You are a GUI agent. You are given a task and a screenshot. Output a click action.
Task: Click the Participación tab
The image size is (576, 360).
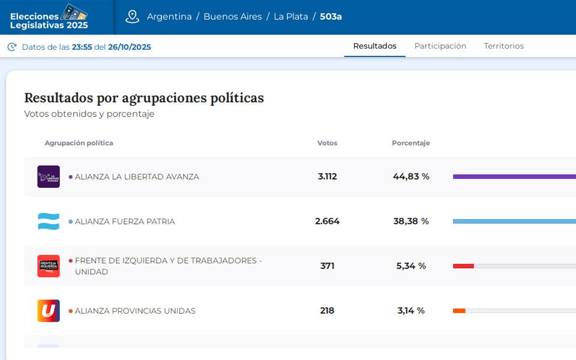click(x=440, y=46)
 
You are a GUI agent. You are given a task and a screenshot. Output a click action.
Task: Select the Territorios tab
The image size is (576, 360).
click(x=503, y=46)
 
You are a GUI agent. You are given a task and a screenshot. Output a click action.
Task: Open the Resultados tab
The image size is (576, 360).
click(x=374, y=46)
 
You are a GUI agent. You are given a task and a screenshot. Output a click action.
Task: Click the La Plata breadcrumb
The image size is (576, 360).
click(x=290, y=17)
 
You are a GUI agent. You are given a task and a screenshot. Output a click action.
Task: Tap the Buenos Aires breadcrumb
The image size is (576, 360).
click(x=232, y=17)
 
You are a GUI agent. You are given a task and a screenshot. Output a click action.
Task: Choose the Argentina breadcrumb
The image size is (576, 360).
click(x=169, y=17)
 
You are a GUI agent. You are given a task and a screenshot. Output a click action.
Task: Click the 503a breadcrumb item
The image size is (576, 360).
click(x=331, y=17)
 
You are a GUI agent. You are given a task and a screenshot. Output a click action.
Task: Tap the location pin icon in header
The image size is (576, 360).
click(x=132, y=17)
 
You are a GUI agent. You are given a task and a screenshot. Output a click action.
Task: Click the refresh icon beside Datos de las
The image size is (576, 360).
click(x=12, y=47)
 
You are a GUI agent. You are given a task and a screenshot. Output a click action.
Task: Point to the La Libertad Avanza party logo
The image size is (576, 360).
click(x=49, y=176)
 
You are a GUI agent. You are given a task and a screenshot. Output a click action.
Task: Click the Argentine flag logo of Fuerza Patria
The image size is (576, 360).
click(x=49, y=221)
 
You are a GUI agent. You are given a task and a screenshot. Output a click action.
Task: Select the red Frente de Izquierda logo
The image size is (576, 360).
click(x=49, y=266)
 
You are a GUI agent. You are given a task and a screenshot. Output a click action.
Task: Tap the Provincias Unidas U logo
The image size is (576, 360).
click(x=49, y=311)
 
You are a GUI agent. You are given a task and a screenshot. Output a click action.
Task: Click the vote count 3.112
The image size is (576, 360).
click(x=327, y=176)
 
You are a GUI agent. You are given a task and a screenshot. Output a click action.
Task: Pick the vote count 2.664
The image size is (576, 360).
click(x=327, y=221)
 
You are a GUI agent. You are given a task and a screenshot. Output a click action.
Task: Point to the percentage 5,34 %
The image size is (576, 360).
click(x=411, y=266)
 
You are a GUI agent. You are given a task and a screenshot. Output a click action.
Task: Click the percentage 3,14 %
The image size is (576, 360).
click(x=411, y=311)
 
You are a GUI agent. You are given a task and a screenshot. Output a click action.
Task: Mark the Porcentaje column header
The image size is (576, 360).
click(x=410, y=143)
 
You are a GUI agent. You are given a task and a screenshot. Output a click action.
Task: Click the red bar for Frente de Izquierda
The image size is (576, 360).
click(x=463, y=266)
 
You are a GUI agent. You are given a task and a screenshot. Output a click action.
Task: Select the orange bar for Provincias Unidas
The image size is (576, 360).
click(x=459, y=311)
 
